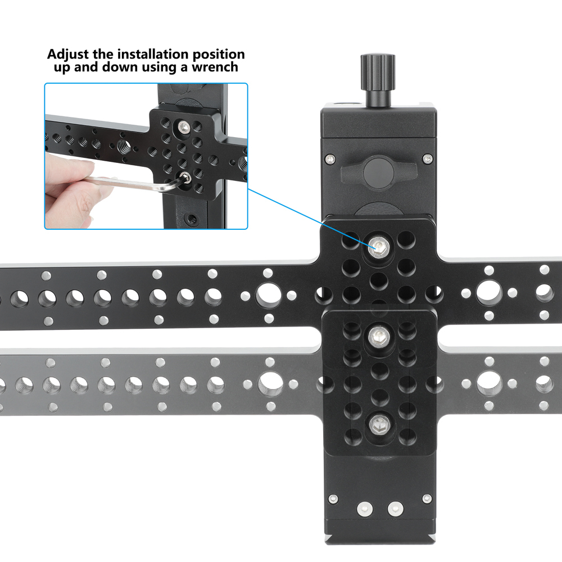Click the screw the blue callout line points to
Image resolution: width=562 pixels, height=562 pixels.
378,245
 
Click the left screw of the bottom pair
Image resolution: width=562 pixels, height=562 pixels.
365,509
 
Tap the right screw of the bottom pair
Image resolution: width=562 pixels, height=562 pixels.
395,509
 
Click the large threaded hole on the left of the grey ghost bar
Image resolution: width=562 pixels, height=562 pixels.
269,384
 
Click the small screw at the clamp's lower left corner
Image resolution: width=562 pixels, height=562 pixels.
333,498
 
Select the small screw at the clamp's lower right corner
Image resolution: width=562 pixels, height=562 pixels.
427,498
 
